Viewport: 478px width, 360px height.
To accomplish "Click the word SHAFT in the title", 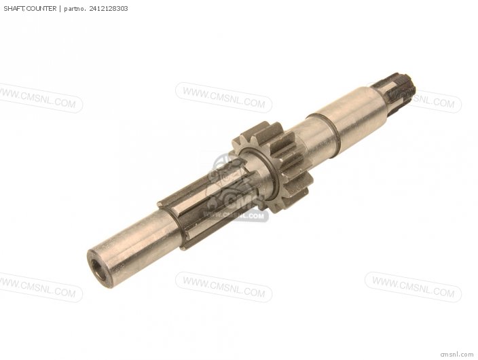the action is pyautogui.click(x=14, y=9).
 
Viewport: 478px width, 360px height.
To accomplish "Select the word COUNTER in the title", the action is pyautogui.click(x=41, y=9).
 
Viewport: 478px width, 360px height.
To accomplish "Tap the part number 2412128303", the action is pyautogui.click(x=109, y=9).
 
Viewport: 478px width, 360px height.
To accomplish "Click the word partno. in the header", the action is pyautogui.click(x=75, y=9).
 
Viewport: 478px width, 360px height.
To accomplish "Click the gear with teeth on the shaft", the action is pyautogui.click(x=273, y=166).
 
